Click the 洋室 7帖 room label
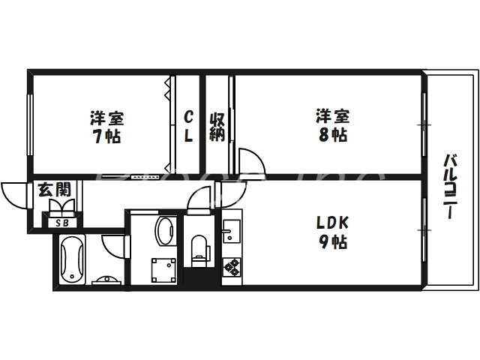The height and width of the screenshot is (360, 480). tap(106, 127)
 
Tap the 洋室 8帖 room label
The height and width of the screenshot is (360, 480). tap(331, 125)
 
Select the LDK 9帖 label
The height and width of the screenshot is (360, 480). tap(330, 232)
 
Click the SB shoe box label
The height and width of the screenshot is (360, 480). tap(60, 221)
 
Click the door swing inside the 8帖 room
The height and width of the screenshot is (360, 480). tap(250, 159)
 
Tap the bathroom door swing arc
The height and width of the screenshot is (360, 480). tap(114, 245)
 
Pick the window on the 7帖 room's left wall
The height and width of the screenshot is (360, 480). tap(30, 124)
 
